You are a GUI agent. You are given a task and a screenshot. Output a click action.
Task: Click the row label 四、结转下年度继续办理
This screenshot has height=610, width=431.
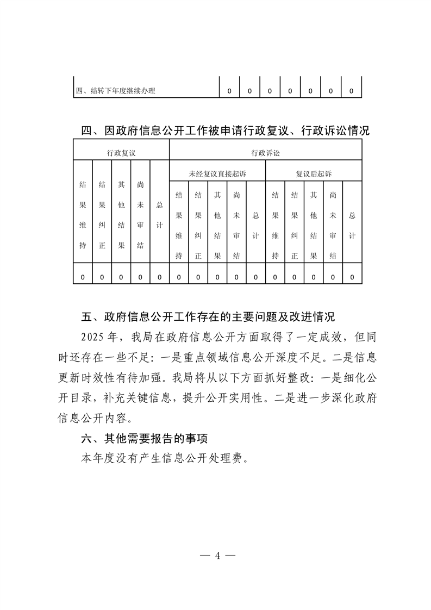pos(115,91)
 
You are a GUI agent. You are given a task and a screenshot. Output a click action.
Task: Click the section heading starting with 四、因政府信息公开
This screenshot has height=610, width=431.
pos(225,131)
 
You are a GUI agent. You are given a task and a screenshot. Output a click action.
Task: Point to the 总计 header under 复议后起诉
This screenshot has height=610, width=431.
pos(352,225)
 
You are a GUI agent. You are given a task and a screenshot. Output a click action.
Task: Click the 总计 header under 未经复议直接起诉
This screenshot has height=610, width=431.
pos(256,225)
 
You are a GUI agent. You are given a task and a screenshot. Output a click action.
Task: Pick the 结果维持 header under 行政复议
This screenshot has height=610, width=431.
pos(83,215)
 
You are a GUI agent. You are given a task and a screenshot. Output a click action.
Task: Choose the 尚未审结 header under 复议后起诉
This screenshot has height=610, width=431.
pos(333,225)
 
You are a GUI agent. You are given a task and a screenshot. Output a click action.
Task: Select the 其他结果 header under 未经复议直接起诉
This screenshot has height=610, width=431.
pos(217,225)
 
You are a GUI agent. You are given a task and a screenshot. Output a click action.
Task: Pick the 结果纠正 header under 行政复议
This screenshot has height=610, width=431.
pos(102,215)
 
